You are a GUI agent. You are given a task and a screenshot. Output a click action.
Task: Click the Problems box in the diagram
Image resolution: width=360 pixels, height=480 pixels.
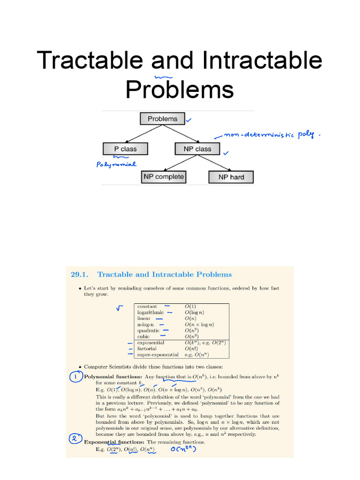[x=163, y=119]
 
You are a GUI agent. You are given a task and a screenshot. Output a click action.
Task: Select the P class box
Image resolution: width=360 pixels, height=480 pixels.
[x=125, y=149]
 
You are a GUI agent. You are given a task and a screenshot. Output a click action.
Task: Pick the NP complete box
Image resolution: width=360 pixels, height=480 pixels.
[x=163, y=177]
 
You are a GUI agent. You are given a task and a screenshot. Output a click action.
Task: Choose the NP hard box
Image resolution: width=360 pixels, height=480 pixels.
[x=231, y=177]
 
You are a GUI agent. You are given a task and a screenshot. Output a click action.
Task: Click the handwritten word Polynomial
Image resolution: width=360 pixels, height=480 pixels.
[x=116, y=165]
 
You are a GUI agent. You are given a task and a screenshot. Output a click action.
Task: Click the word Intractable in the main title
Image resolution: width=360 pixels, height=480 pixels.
[x=262, y=61]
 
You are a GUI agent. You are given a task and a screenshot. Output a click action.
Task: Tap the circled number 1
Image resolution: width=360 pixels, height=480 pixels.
[x=76, y=377]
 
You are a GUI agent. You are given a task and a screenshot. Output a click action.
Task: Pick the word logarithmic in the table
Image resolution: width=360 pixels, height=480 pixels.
[x=150, y=312]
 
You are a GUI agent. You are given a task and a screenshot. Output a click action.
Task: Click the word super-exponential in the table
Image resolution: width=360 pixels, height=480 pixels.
[x=157, y=355]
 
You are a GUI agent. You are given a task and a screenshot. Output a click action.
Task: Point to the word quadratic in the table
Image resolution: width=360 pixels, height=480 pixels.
[x=148, y=330]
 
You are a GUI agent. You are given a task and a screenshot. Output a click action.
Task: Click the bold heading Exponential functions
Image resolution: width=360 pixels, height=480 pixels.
[x=114, y=442]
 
